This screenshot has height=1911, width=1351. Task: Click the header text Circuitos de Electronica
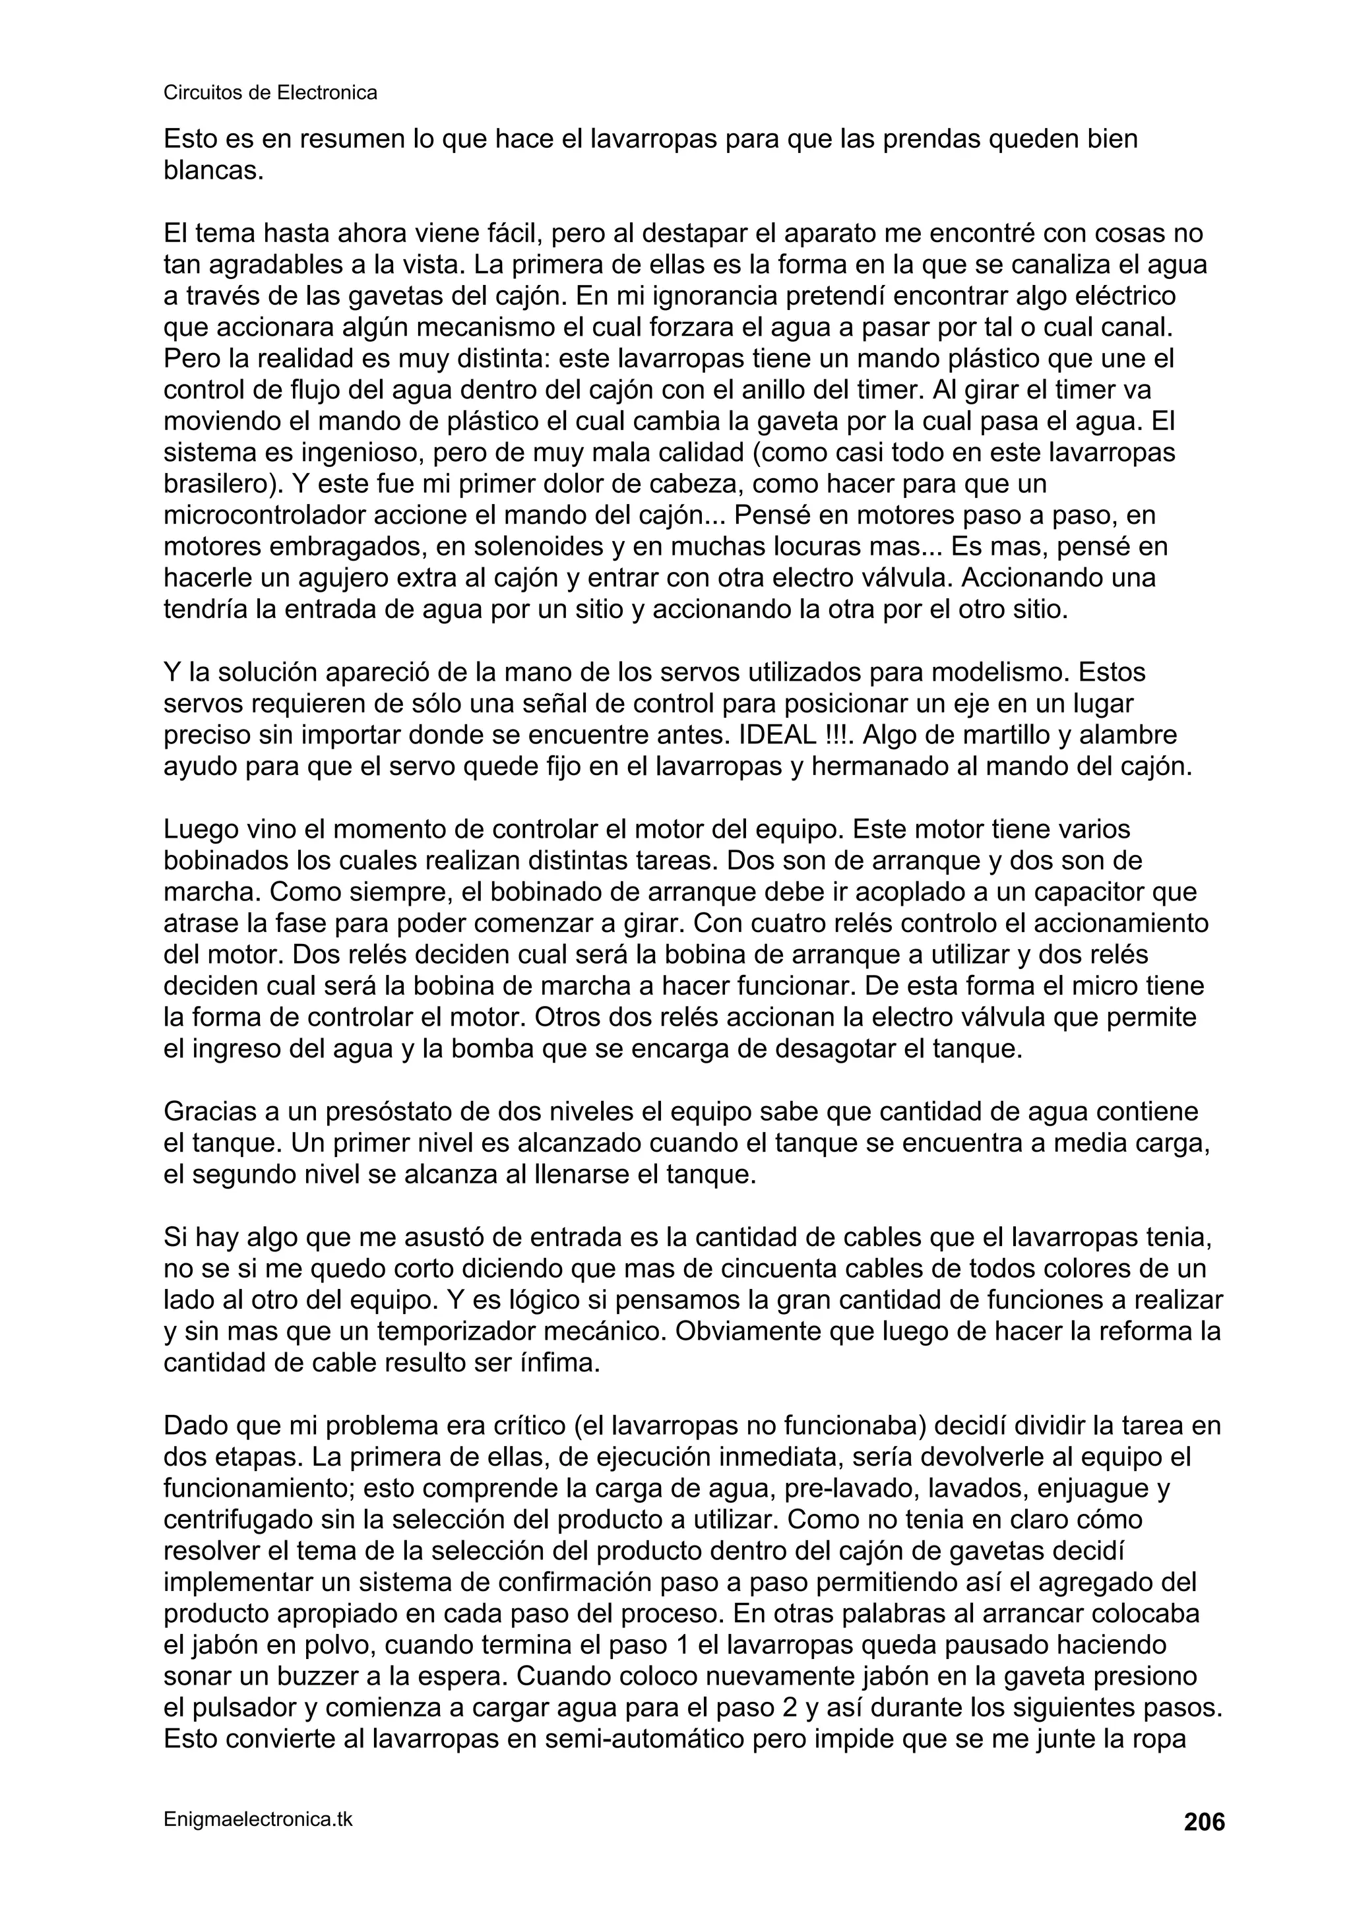[x=270, y=93]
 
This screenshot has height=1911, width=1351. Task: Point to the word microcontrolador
[x=266, y=516]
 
